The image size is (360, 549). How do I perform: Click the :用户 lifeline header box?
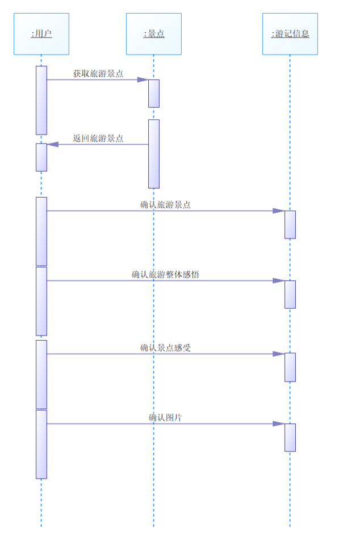pyautogui.click(x=41, y=34)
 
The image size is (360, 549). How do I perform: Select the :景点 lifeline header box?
pyautogui.click(x=153, y=34)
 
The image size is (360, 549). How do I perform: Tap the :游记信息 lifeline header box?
pyautogui.click(x=290, y=34)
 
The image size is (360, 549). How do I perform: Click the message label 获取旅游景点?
pyautogui.click(x=98, y=74)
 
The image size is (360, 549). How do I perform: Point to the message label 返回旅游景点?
pyautogui.click(x=98, y=138)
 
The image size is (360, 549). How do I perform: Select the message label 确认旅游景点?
pyautogui.click(x=165, y=205)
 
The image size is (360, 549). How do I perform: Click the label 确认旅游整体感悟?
pyautogui.click(x=165, y=275)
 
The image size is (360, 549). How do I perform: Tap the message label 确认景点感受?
pyautogui.click(x=165, y=347)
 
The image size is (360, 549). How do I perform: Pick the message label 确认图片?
pyautogui.click(x=165, y=418)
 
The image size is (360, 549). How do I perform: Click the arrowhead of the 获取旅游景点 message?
pyautogui.click(x=143, y=79)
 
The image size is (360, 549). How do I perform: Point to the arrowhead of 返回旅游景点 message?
pyautogui.click(x=53, y=144)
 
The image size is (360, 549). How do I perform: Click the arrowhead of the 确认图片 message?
pyautogui.click(x=279, y=424)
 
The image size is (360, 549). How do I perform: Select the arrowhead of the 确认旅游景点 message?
pyautogui.click(x=279, y=211)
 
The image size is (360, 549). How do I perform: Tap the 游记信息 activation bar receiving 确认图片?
pyautogui.click(x=290, y=437)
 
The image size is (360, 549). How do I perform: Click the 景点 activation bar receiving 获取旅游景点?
pyautogui.click(x=154, y=93)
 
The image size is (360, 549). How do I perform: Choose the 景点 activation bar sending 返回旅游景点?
pyautogui.click(x=154, y=153)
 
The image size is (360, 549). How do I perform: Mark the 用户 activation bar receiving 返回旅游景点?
pyautogui.click(x=41, y=157)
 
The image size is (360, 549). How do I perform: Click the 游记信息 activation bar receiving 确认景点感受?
pyautogui.click(x=290, y=367)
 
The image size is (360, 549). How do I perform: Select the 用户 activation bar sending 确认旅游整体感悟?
pyautogui.click(x=41, y=301)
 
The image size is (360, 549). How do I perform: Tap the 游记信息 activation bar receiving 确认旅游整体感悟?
pyautogui.click(x=290, y=294)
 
